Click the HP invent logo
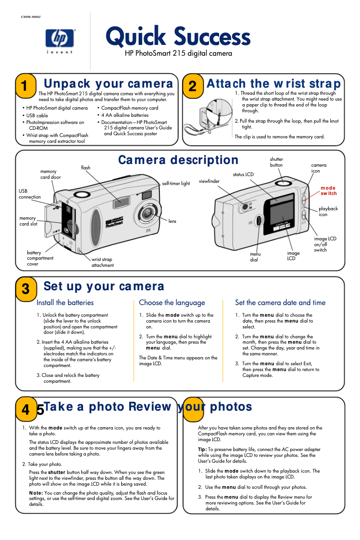click(61, 40)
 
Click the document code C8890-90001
click(31, 17)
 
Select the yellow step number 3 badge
click(26, 289)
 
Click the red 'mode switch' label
click(328, 190)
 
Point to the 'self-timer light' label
click(176, 183)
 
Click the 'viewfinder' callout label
click(209, 181)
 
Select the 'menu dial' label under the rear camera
click(255, 257)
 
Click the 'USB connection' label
click(29, 194)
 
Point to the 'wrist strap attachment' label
click(102, 262)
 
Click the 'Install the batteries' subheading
click(65, 303)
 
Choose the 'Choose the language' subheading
click(172, 303)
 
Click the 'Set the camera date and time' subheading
click(280, 303)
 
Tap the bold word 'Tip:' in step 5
click(202, 449)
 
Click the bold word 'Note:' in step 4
click(36, 493)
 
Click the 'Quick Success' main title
click(178, 37)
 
